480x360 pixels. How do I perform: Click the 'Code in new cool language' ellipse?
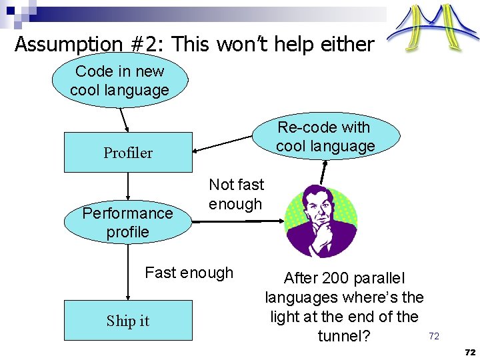pyautogui.click(x=120, y=81)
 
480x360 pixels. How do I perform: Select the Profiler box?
pyautogui.click(x=128, y=153)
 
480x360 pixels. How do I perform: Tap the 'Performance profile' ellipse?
pyautogui.click(x=127, y=223)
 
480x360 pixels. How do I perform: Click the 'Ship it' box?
pyautogui.click(x=128, y=321)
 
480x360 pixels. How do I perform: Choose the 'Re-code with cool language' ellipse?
pyautogui.click(x=325, y=137)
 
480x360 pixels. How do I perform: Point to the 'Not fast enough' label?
pyautogui.click(x=236, y=194)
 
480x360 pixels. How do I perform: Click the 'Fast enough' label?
pyautogui.click(x=189, y=273)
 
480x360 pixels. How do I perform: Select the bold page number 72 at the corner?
pyautogui.click(x=470, y=351)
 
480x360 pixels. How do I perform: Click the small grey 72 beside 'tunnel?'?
pyautogui.click(x=434, y=336)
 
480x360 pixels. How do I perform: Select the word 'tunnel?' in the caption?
pyautogui.click(x=344, y=335)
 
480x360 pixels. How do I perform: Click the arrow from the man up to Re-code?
pyautogui.click(x=324, y=170)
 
